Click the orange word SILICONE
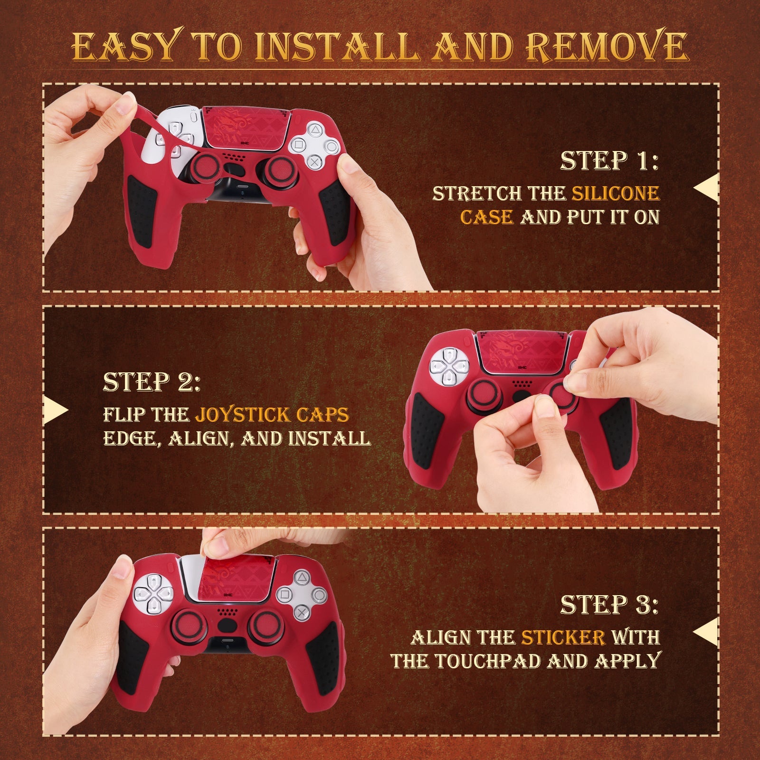615,193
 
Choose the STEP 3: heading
609,604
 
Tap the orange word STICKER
563,637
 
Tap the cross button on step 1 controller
314,161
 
